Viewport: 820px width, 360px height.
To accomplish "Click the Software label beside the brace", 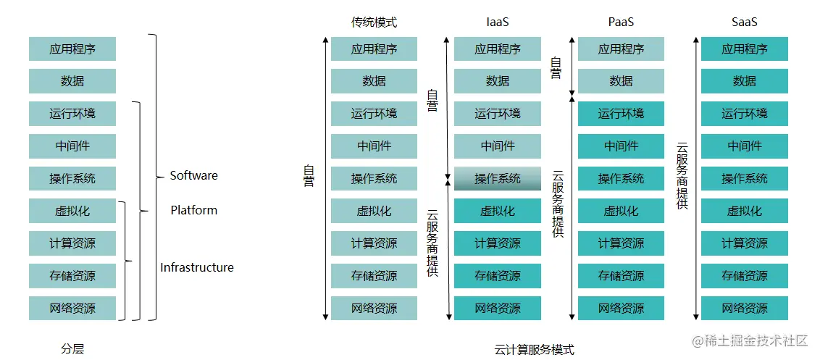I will [193, 175].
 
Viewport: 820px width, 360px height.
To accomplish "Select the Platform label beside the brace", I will [193, 210].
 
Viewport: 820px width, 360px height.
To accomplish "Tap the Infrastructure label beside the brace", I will [197, 267].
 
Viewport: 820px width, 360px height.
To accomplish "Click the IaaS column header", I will [497, 22].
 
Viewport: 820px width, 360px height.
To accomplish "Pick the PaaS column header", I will [621, 22].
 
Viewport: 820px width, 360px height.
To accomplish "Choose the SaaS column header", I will [744, 22].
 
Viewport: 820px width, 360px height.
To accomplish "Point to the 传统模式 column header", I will [374, 22].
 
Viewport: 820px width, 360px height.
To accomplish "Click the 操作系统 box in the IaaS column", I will [498, 179].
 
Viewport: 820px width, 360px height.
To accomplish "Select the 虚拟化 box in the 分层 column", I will [72, 211].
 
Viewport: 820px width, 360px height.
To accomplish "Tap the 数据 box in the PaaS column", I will [621, 81].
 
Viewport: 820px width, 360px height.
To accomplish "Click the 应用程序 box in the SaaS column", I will [744, 49].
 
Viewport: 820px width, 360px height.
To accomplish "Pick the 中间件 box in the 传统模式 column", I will [374, 146].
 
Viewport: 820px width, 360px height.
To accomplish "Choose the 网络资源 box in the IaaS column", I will [498, 308].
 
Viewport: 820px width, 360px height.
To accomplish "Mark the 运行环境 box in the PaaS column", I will [621, 114].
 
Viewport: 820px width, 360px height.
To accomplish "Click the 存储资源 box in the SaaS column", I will [744, 276].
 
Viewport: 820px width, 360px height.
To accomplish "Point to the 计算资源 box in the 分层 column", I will [72, 243].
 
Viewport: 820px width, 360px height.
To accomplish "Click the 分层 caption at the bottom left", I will [72, 349].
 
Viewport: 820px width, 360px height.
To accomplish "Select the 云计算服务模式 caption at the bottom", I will [534, 350].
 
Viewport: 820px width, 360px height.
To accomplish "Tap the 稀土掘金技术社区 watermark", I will [750, 340].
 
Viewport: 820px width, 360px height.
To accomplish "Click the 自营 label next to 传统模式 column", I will [309, 177].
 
